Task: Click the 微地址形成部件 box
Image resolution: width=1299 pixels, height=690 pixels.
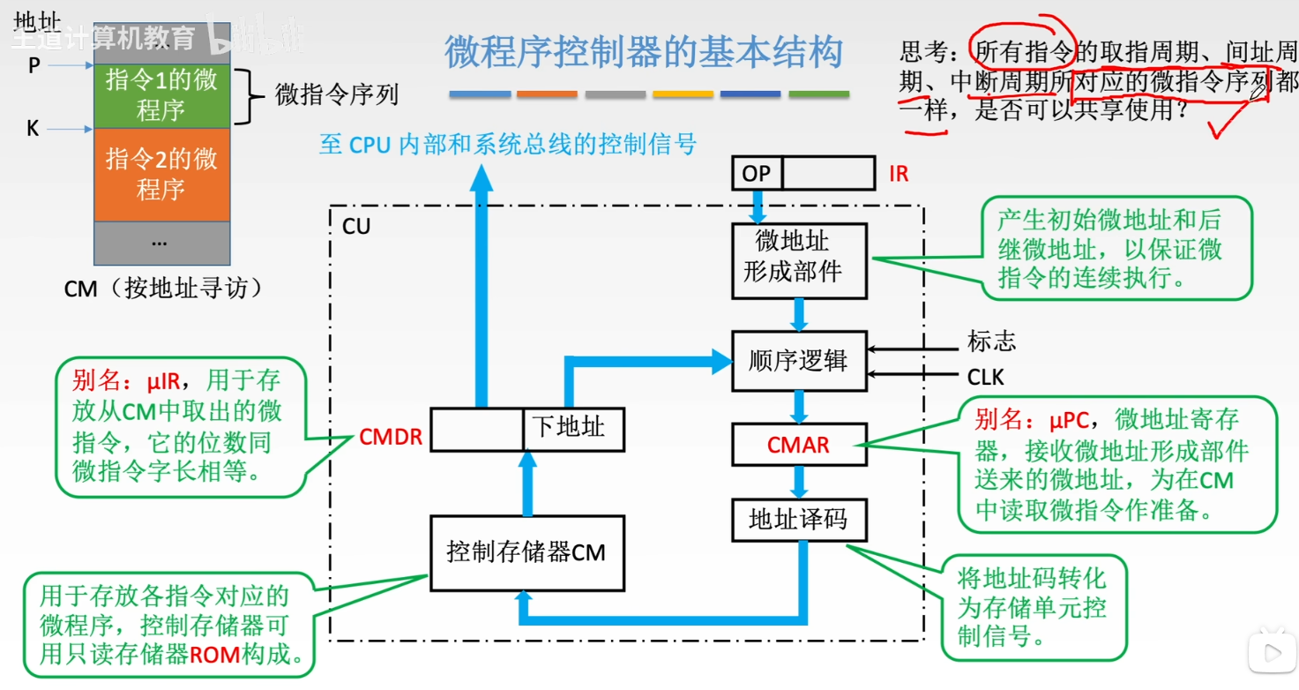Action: [x=799, y=259]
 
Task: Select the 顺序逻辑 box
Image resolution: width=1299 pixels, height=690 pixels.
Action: [x=799, y=361]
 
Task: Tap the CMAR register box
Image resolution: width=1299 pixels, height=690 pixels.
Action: [x=799, y=445]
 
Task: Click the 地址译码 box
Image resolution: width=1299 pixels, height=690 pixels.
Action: [x=799, y=521]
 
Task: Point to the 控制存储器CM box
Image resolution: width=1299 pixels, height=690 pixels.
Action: [x=526, y=553]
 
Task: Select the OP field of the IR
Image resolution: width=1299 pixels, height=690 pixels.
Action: [x=756, y=174]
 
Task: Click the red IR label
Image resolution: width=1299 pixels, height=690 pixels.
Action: [x=898, y=174]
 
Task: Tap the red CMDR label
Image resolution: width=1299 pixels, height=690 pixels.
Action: [x=391, y=437]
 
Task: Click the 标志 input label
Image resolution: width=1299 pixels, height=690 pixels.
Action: [x=991, y=341]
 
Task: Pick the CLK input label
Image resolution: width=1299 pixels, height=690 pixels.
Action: [x=986, y=378]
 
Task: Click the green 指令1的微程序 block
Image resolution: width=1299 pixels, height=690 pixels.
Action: [x=161, y=95]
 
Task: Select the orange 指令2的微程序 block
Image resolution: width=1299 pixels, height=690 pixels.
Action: [x=161, y=174]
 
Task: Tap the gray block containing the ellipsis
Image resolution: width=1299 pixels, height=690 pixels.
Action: [x=161, y=242]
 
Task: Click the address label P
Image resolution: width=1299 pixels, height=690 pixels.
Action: [x=34, y=65]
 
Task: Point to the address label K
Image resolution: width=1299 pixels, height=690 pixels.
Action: [x=33, y=130]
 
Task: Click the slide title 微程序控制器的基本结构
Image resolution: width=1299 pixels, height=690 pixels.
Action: [x=644, y=53]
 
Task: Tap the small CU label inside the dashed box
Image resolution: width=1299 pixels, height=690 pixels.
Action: [x=356, y=227]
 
